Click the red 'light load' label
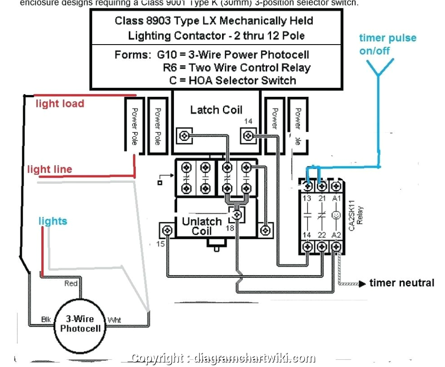(x=60, y=104)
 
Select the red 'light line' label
(x=49, y=170)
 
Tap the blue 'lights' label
(x=53, y=221)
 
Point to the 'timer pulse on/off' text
(x=387, y=44)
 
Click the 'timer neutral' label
(x=401, y=283)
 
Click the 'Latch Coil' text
(x=216, y=110)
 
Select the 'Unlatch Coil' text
(x=202, y=226)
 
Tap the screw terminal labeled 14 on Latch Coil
(x=248, y=136)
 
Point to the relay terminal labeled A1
(x=336, y=186)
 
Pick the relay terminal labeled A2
(x=336, y=246)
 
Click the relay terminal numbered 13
(x=307, y=186)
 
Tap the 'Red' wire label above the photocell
(x=71, y=283)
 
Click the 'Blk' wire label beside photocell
(x=46, y=320)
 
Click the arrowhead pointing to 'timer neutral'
(x=362, y=284)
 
